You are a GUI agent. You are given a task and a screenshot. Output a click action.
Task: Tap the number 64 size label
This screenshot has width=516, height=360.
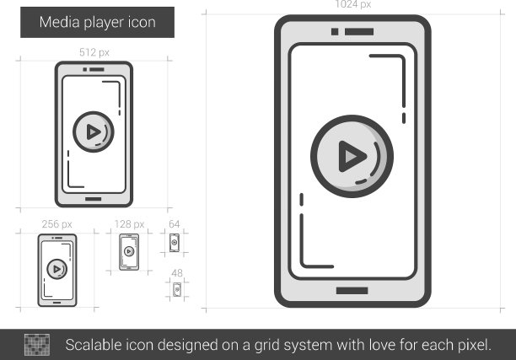174,224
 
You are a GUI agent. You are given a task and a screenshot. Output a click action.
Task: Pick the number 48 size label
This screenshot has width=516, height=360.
177,273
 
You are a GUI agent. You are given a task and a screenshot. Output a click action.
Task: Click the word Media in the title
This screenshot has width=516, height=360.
60,22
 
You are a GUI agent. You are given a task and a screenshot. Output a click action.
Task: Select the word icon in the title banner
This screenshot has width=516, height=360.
142,22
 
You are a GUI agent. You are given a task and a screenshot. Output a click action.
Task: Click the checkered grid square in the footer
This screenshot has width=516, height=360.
37,345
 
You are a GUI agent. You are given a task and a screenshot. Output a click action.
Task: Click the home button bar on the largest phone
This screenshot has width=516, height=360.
352,291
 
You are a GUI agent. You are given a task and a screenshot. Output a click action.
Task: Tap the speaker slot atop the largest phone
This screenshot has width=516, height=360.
359,31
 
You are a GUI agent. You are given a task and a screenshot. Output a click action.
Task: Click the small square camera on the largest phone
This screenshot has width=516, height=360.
335,31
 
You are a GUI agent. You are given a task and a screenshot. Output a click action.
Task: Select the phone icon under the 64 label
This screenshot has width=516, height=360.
175,243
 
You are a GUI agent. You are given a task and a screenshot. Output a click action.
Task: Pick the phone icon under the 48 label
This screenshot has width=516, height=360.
177,289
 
